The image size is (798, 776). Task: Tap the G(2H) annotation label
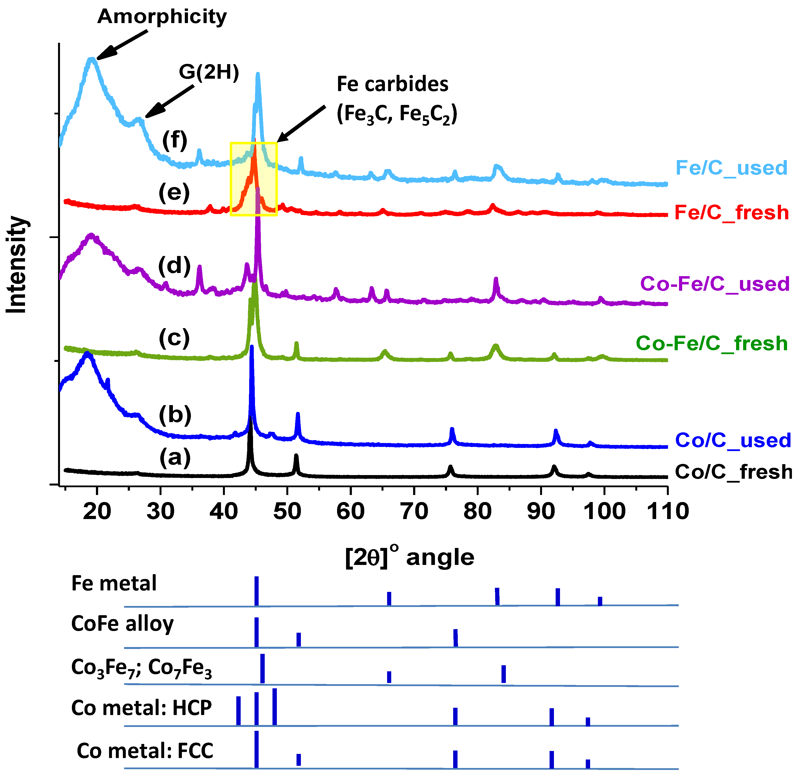point(209,73)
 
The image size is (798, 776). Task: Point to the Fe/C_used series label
point(731,168)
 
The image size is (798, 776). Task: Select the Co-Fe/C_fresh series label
point(712,343)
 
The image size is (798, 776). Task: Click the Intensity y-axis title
point(17,265)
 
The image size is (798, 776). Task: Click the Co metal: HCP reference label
point(141,708)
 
